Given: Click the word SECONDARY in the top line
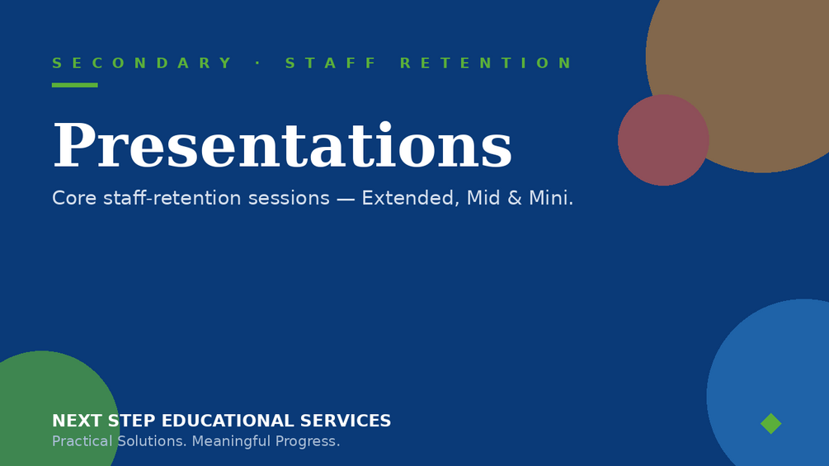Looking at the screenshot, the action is pyautogui.click(x=142, y=64).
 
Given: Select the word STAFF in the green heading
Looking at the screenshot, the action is pyautogui.click(x=331, y=64).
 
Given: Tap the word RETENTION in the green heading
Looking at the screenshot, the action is pyautogui.click(x=486, y=64).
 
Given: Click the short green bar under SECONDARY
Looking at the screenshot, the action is pyautogui.click(x=74, y=85).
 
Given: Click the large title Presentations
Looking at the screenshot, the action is pyautogui.click(x=282, y=146).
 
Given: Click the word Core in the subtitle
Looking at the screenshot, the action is pyautogui.click(x=74, y=198).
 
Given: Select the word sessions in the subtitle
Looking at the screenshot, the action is pyautogui.click(x=289, y=199).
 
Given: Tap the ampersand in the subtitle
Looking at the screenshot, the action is pyautogui.click(x=514, y=198).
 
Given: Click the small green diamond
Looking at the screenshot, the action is pyautogui.click(x=770, y=423).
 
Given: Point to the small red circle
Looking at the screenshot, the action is pyautogui.click(x=663, y=140).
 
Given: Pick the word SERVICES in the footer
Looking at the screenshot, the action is pyautogui.click(x=346, y=421).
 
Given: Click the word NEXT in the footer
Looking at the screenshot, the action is pyautogui.click(x=78, y=421).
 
